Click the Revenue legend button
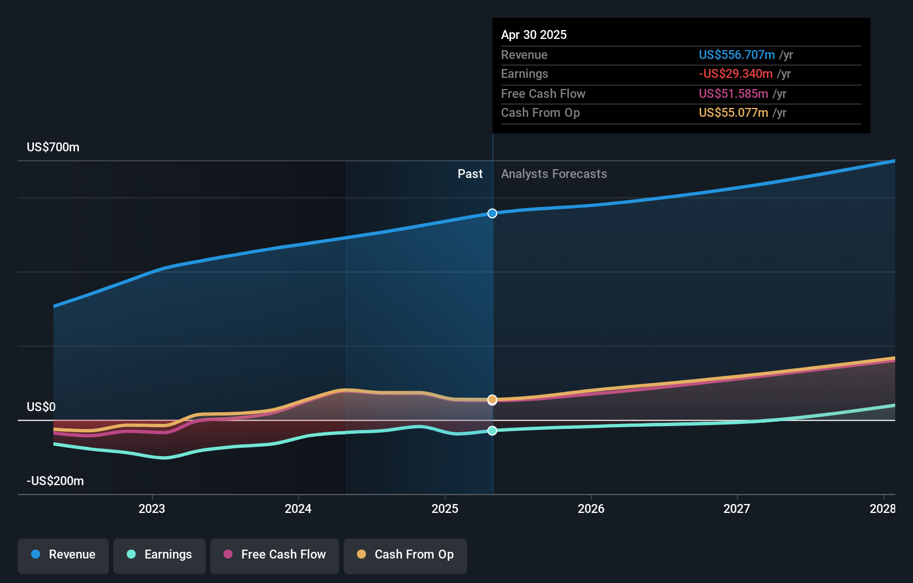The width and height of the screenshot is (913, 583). click(63, 555)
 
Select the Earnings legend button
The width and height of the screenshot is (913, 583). click(160, 555)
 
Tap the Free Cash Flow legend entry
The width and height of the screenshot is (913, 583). click(275, 555)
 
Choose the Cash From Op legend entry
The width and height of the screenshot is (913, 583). click(405, 555)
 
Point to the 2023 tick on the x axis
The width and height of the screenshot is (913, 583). click(152, 508)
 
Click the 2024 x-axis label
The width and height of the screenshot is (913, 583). click(298, 508)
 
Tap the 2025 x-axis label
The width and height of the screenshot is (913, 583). click(445, 508)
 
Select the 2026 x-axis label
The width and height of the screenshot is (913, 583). click(591, 508)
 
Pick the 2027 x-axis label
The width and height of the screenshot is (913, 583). click(737, 508)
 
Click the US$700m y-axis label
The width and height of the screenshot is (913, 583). click(53, 147)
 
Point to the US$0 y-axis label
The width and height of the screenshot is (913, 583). click(41, 407)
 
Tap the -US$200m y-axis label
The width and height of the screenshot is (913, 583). click(55, 481)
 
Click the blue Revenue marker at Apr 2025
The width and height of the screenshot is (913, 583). click(492, 214)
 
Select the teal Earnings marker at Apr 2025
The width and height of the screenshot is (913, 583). click(492, 431)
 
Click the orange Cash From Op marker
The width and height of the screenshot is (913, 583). click(492, 399)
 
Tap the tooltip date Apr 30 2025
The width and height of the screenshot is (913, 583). click(534, 35)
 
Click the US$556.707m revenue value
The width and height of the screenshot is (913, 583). click(736, 55)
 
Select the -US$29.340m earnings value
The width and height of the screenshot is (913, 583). click(735, 74)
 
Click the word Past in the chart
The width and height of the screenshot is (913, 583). click(470, 174)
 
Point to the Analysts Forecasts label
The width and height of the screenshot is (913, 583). click(554, 174)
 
